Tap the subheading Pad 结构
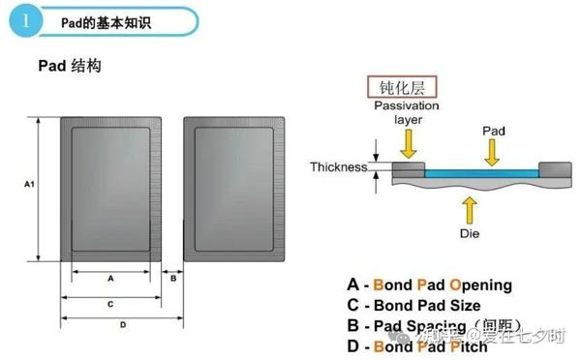pos(70,67)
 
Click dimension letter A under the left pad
pos(110,277)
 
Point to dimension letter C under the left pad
pos(110,303)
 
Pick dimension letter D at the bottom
pos(122,324)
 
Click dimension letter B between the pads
pos(172,278)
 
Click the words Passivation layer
pos(408,112)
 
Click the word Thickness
pos(339,167)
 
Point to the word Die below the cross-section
pos(470,232)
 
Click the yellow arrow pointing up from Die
pos(470,207)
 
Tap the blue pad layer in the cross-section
pos(479,171)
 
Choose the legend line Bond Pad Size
pos(422,306)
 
